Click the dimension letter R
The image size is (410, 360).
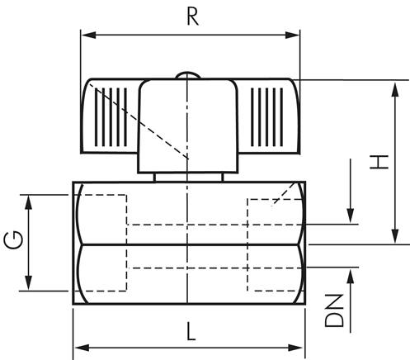192,17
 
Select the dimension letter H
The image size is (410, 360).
379,161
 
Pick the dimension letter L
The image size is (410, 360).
191,332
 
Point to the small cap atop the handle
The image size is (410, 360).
189,77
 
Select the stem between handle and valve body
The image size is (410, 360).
189,175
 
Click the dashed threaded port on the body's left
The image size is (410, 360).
103,242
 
